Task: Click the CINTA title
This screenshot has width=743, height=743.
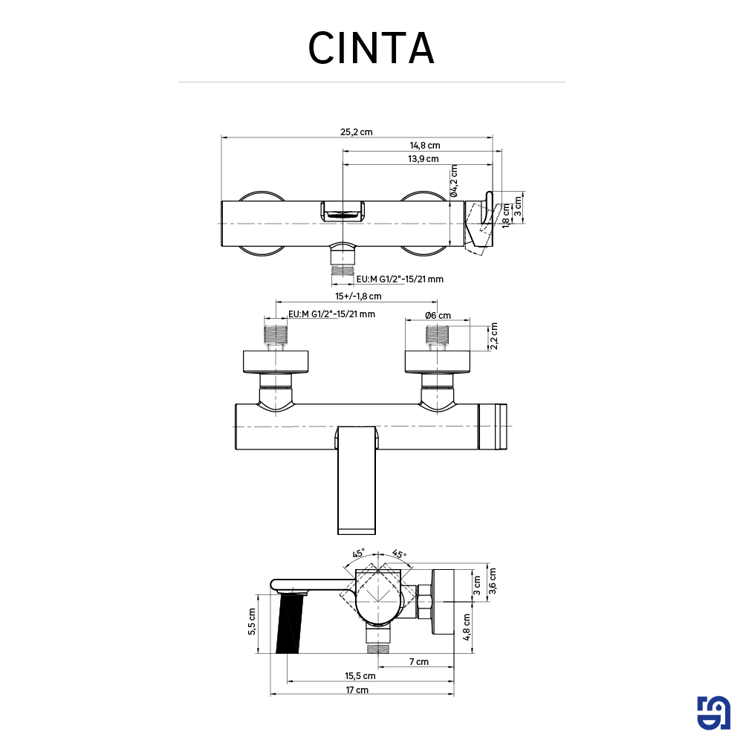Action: click(371, 48)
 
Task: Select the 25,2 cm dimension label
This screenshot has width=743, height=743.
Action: click(357, 132)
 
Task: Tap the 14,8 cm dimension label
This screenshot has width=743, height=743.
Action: click(425, 146)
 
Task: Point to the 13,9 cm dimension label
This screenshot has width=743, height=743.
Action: click(423, 159)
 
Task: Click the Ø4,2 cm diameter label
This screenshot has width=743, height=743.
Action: click(454, 181)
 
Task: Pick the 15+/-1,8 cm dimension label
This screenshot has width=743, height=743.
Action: click(357, 296)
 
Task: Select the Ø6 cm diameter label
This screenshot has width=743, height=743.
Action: click(438, 315)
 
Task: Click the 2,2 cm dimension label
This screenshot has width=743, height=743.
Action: click(494, 336)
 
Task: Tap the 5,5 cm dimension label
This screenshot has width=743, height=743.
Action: click(253, 621)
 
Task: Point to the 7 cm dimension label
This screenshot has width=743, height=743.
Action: click(418, 662)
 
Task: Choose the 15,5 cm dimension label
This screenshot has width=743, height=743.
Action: click(360, 676)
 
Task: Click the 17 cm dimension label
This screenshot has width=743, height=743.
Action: click(357, 690)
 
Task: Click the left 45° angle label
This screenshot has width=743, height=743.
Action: click(358, 554)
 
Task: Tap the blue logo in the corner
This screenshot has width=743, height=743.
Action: click(715, 714)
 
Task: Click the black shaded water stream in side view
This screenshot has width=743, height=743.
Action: click(290, 624)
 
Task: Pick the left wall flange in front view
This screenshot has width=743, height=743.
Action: click(276, 361)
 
